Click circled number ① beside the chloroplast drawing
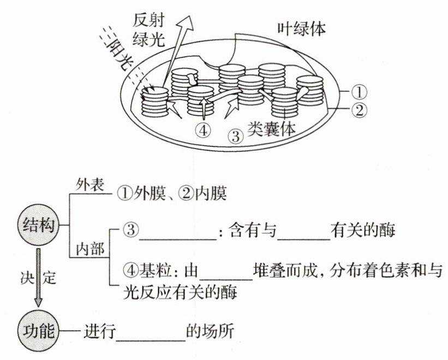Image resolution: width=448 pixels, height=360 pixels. point(360,91)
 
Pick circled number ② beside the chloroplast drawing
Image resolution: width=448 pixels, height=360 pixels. point(360,110)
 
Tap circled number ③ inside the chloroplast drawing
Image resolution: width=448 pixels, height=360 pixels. point(235,135)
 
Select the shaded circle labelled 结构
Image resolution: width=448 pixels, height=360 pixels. point(38,225)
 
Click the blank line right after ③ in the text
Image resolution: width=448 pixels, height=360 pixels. point(177,232)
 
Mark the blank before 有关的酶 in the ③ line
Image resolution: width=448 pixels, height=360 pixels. point(303,232)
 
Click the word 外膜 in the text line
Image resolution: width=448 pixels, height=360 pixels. point(145,193)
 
